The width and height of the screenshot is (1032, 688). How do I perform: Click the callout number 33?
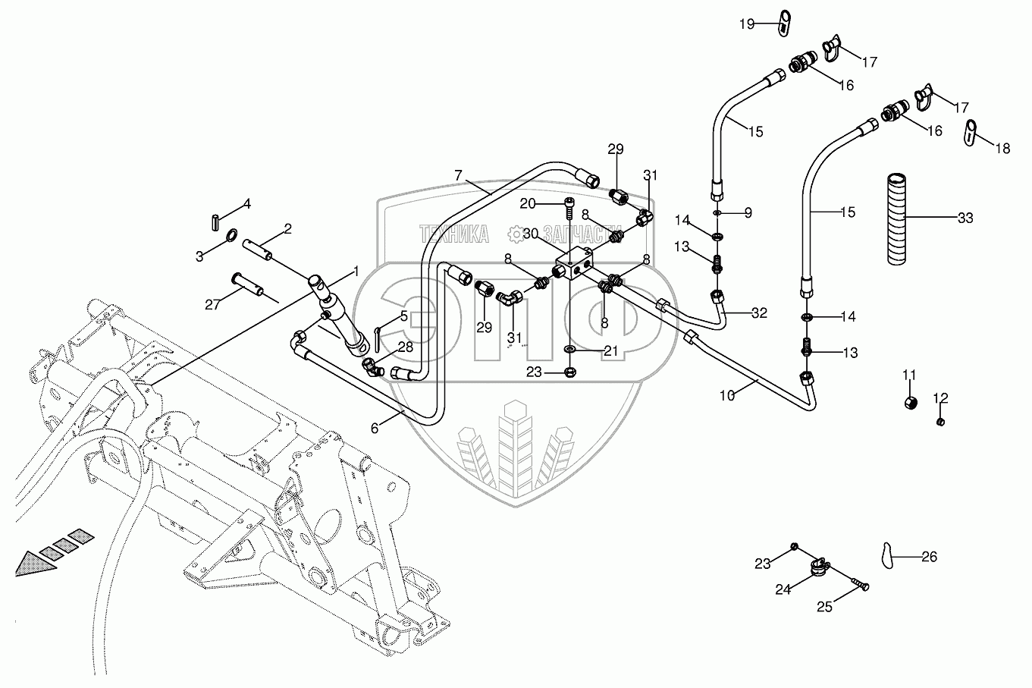pos(965,218)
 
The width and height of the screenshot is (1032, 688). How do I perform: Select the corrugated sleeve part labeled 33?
pos(899,218)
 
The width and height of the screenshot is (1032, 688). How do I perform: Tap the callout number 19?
pos(748,24)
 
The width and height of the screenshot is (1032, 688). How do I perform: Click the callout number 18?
pos(1002,149)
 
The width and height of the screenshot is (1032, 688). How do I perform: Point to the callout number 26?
pos(929,557)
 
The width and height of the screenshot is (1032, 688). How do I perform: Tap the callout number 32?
pos(759,312)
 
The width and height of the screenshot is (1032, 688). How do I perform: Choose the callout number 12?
pos(940,397)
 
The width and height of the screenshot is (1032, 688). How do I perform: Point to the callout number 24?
pos(783,588)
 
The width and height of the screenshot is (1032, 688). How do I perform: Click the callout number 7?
pos(458,175)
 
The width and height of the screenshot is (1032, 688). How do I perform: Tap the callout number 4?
pos(246,203)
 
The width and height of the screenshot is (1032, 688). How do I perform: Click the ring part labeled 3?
pos(227,241)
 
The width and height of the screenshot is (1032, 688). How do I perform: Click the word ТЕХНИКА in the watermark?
pos(453,235)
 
